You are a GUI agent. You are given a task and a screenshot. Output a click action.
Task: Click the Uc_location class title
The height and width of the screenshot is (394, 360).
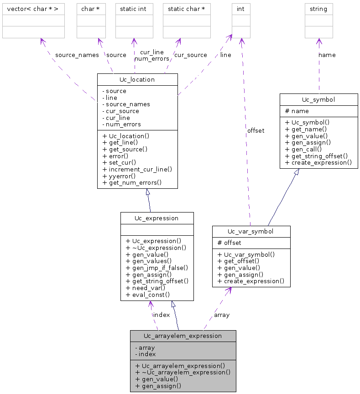pos(137,79)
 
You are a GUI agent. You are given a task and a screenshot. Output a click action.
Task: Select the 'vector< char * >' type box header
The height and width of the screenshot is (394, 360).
pos(33,9)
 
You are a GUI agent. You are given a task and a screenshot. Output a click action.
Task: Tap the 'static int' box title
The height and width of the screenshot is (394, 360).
pos(133,9)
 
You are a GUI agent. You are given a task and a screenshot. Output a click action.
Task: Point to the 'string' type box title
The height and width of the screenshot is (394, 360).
pos(318,9)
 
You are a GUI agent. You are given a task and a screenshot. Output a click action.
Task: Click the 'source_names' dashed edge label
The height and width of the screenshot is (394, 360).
pos(77,55)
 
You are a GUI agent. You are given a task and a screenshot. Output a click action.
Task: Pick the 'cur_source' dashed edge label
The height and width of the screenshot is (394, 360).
pos(191,55)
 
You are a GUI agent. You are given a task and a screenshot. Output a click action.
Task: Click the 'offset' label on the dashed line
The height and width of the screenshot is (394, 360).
pos(256,130)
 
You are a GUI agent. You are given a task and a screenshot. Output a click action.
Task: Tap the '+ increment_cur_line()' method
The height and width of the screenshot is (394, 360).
pos(137,169)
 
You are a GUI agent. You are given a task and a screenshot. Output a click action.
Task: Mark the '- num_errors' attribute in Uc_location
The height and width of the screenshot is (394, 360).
pos(121,124)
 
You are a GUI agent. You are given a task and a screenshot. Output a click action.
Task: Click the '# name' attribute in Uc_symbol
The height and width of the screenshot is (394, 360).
pos(297,111)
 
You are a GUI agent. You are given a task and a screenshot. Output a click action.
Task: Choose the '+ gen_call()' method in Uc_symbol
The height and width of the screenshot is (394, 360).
pos(303,149)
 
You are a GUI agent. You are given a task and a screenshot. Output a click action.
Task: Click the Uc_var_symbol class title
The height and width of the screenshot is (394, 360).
pos(251,232)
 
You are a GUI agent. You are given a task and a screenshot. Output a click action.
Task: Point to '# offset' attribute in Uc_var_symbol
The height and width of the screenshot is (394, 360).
pos(229,243)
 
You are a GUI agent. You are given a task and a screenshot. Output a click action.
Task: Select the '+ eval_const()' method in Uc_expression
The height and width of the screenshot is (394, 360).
pos(148,295)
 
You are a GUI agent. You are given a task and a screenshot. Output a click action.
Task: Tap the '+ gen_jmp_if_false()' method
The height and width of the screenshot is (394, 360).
pos(157,268)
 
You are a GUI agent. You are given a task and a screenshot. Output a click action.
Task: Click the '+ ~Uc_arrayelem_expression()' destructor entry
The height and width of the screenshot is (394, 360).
pos(183,372)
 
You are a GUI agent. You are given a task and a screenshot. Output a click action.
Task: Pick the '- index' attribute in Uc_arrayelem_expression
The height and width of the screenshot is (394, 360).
pos(146,354)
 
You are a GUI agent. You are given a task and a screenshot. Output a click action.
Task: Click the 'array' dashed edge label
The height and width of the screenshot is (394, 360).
pos(222,315)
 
